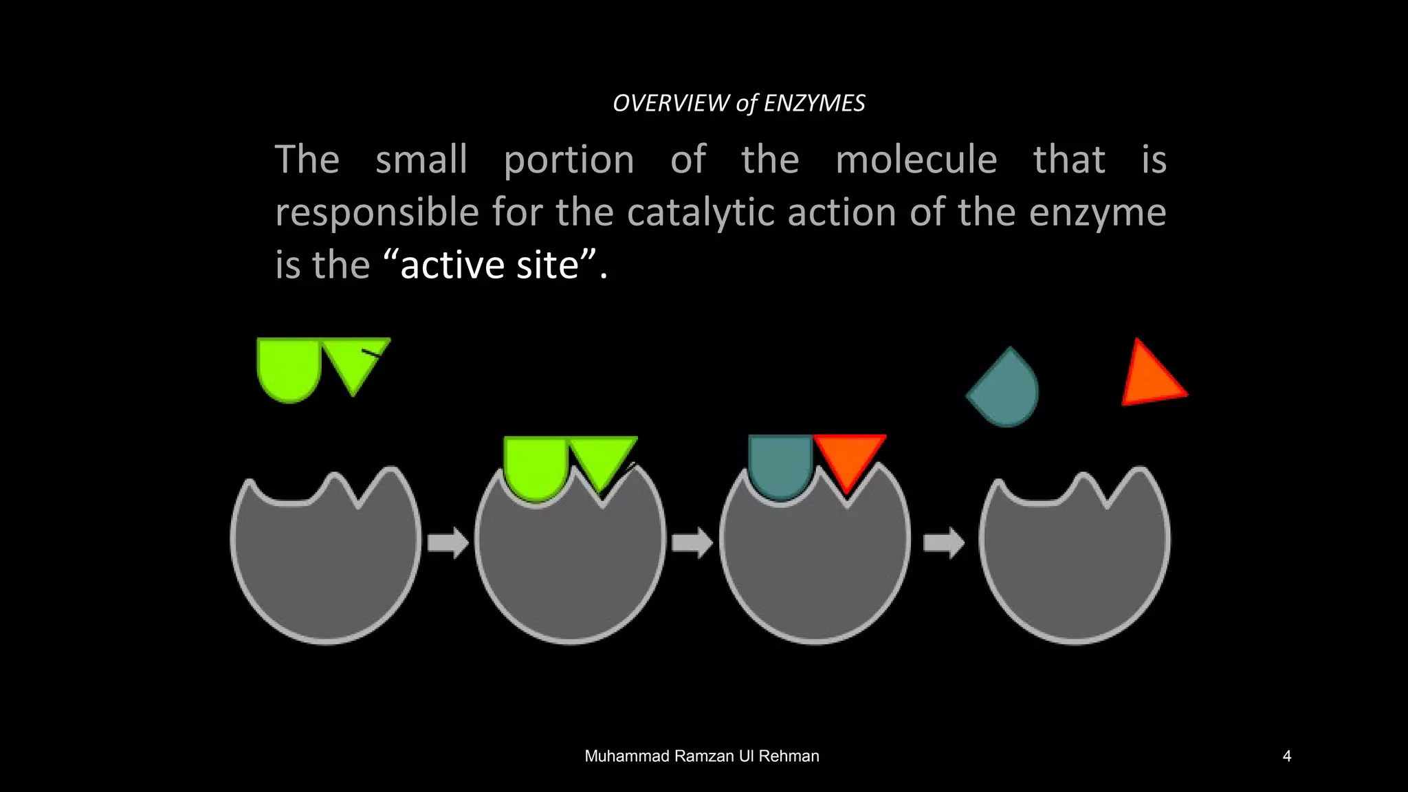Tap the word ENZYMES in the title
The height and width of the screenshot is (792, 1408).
pyautogui.click(x=814, y=103)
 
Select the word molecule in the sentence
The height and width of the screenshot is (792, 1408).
pyautogui.click(x=916, y=159)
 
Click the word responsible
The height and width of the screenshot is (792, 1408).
pyautogui.click(x=377, y=212)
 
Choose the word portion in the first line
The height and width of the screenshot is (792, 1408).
pyautogui.click(x=569, y=161)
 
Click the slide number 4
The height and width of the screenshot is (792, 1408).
pyautogui.click(x=1286, y=756)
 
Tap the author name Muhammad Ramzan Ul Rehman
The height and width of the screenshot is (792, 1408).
pyautogui.click(x=701, y=756)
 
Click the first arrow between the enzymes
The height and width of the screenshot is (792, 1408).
pyautogui.click(x=448, y=543)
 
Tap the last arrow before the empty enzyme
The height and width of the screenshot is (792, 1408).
pyautogui.click(x=943, y=543)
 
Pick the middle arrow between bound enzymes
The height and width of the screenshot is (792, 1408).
pyautogui.click(x=692, y=543)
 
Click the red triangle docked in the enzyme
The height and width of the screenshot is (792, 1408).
pyautogui.click(x=848, y=455)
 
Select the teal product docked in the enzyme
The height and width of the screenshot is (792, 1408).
pyautogui.click(x=780, y=465)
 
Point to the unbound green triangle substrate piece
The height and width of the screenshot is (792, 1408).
pyautogui.click(x=353, y=360)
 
